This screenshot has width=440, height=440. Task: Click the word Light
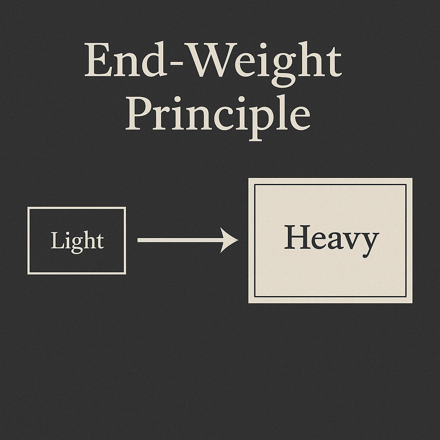click(x=77, y=241)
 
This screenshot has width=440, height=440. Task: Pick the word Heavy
click(x=331, y=240)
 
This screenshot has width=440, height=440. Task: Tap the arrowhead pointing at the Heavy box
click(x=230, y=240)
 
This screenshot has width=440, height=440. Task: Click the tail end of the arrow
click(x=139, y=240)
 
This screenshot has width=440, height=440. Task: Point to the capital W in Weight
click(x=214, y=61)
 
